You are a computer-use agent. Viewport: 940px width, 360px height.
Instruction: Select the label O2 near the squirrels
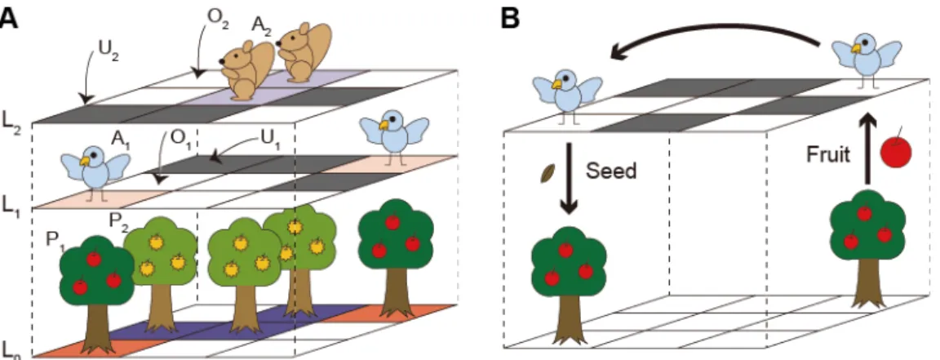pos(218,14)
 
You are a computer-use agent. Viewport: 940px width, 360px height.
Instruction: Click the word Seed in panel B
pos(610,171)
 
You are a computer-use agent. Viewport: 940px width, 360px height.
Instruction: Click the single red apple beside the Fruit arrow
pos(895,150)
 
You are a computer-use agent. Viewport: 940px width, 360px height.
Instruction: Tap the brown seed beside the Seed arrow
pos(548,173)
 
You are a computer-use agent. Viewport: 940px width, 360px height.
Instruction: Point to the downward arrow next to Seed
pos(568,178)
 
